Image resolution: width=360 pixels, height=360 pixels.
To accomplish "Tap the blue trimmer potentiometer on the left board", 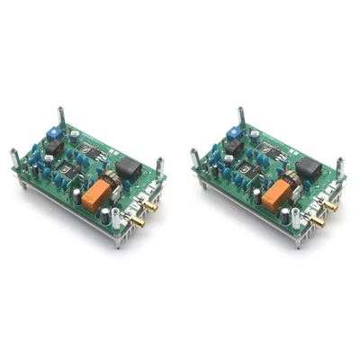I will pyautogui.click(x=52, y=131).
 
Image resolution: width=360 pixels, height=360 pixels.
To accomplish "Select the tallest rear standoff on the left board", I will pyautogui.click(x=60, y=117).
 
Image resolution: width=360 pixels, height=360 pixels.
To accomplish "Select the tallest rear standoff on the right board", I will pyautogui.click(x=240, y=117).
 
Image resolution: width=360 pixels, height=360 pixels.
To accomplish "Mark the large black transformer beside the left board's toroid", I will pyautogui.click(x=133, y=168).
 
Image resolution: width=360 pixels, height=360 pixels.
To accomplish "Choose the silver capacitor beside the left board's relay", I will pyautogui.click(x=107, y=215).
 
